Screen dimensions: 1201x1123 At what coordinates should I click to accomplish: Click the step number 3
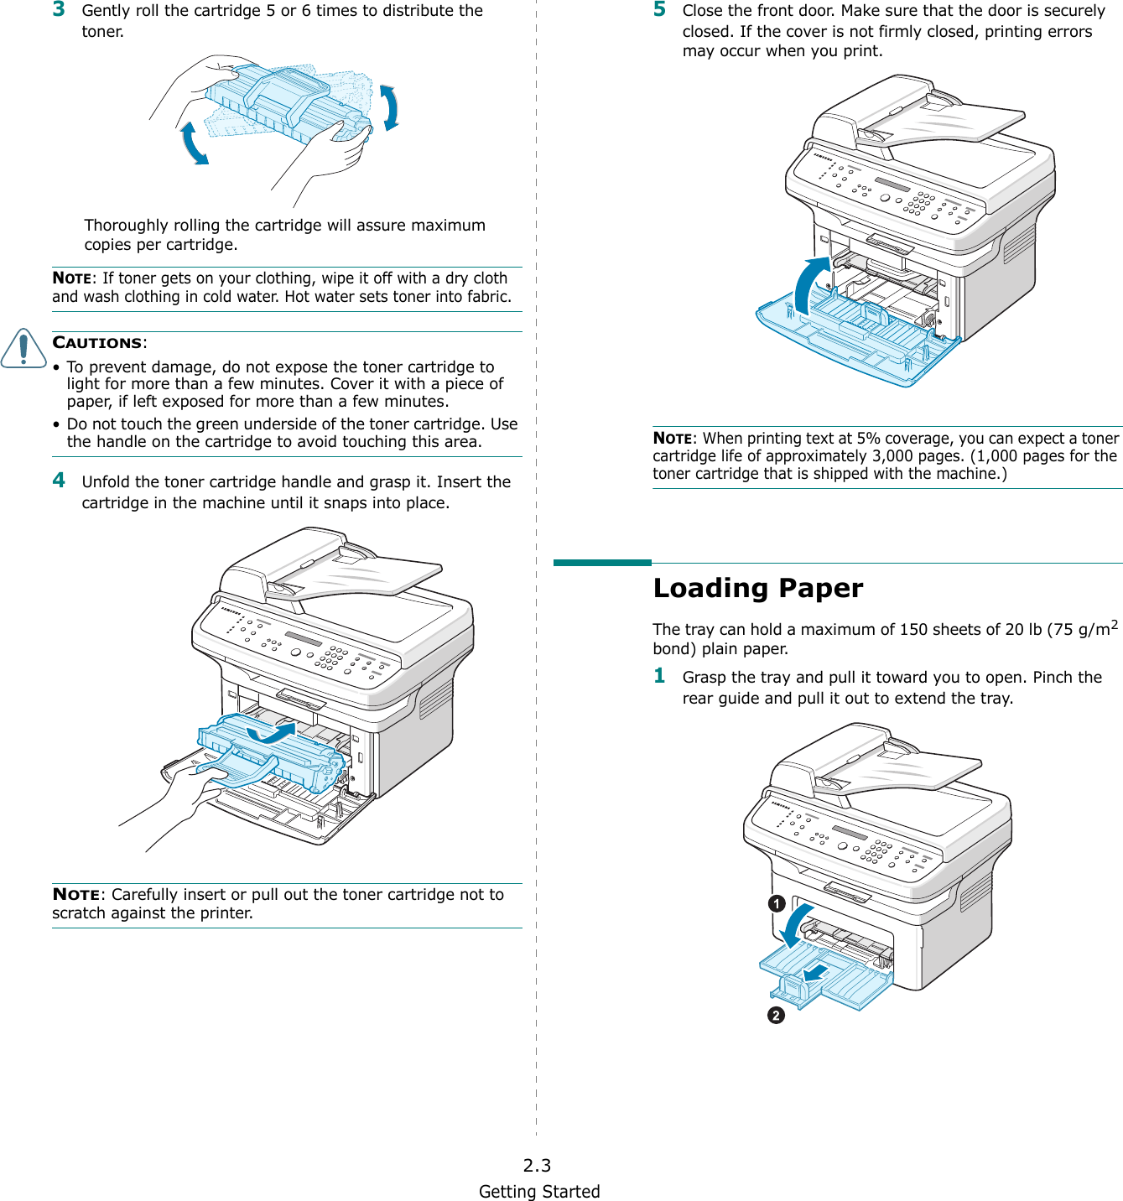click(59, 9)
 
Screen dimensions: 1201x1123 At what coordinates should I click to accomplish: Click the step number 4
click(59, 480)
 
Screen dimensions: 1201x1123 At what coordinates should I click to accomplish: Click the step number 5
click(659, 9)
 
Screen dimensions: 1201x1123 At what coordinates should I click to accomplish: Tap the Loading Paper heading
click(757, 588)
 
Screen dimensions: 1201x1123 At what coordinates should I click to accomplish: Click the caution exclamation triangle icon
click(23, 349)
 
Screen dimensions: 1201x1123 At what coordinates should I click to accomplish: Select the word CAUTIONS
click(97, 343)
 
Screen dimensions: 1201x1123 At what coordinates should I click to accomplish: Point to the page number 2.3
click(537, 1165)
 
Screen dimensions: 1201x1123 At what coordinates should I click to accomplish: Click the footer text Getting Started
click(539, 1192)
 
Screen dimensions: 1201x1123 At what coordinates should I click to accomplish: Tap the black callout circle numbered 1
click(777, 904)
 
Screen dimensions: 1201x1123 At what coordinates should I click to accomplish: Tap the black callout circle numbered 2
click(776, 1016)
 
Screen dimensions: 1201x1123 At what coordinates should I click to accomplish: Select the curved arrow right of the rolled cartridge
click(389, 108)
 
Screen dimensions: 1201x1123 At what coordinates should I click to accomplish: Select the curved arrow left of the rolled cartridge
click(194, 143)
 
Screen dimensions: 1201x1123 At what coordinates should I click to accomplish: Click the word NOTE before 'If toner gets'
click(73, 278)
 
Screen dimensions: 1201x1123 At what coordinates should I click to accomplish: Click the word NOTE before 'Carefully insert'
click(75, 895)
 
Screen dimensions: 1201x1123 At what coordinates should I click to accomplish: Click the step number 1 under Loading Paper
click(659, 676)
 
